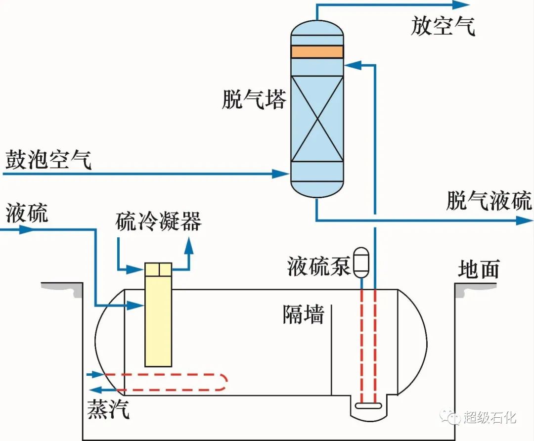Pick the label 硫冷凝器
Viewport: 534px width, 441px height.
click(158, 222)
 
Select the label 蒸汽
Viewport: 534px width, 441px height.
click(108, 408)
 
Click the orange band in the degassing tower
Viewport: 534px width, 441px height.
click(317, 51)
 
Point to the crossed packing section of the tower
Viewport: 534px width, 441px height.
click(317, 119)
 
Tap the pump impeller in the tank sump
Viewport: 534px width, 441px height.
click(368, 406)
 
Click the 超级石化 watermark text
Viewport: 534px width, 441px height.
click(489, 417)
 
